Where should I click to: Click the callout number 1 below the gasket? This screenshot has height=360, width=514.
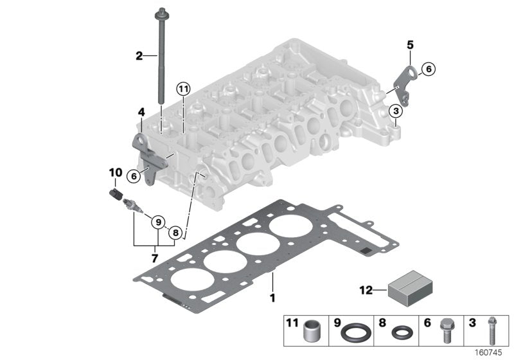coord(272,298)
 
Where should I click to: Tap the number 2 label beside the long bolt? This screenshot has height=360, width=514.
coord(139,56)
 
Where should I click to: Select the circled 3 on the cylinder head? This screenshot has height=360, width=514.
coord(396,112)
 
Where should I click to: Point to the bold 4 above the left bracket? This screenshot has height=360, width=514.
coord(140,113)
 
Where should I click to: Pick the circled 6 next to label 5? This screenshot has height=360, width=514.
coord(428,69)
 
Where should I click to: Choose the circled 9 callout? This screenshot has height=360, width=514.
coord(157,222)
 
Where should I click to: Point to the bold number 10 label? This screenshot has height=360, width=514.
coord(115,172)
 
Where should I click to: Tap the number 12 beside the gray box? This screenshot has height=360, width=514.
coord(365,291)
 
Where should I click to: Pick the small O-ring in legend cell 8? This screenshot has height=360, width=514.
coord(402,334)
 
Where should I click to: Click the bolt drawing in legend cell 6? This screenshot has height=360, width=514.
coord(445,330)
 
